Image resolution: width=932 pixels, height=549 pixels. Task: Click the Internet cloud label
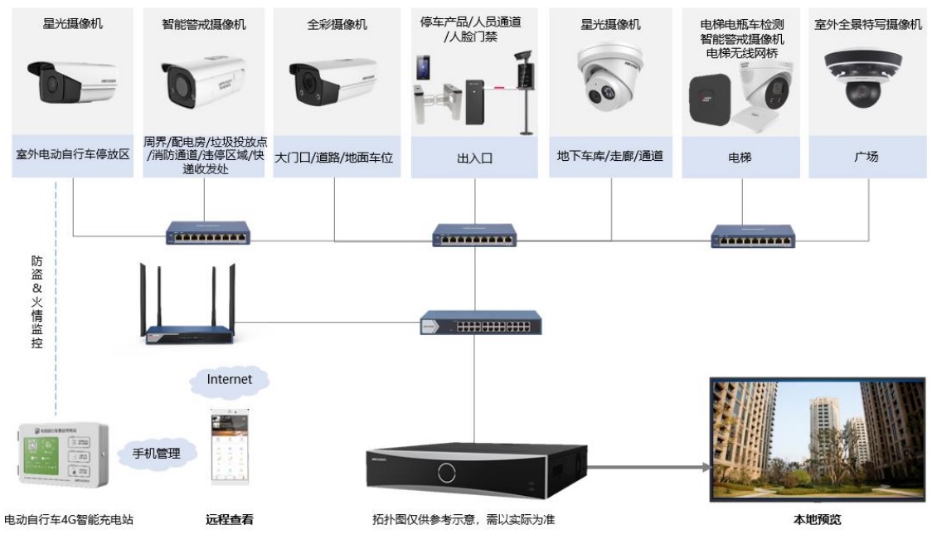tap(229, 380)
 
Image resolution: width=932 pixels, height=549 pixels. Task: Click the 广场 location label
tap(866, 156)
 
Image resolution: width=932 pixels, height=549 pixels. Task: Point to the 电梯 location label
tap(739, 156)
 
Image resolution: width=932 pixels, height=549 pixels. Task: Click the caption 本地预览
tap(817, 521)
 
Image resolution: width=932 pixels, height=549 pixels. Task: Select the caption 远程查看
tap(229, 521)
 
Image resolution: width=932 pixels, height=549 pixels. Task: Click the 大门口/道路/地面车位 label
tap(334, 156)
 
